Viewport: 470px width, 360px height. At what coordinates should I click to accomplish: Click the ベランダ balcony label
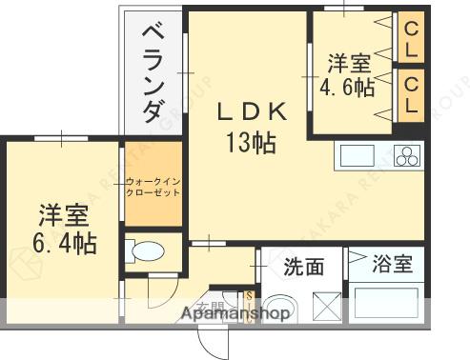click(x=152, y=72)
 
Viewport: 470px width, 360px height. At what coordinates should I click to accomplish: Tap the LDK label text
click(x=251, y=112)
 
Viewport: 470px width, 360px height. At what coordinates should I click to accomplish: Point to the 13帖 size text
click(x=251, y=144)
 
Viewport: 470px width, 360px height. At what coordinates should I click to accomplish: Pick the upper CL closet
click(x=412, y=37)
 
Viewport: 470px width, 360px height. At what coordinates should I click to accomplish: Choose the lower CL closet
click(x=412, y=96)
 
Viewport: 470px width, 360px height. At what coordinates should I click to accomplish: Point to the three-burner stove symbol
click(x=408, y=155)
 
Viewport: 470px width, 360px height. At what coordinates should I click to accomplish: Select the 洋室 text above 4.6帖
click(x=350, y=63)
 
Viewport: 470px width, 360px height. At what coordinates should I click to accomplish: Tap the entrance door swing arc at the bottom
click(x=214, y=337)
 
